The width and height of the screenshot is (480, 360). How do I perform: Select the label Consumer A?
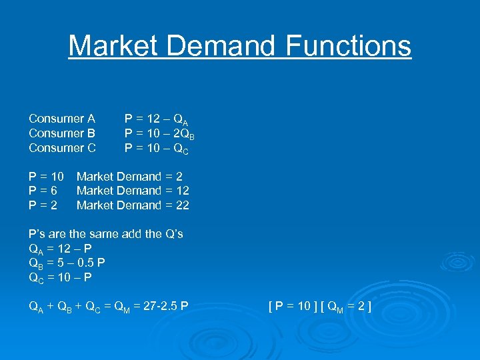click(x=62, y=119)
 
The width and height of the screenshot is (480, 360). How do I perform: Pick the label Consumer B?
click(x=62, y=133)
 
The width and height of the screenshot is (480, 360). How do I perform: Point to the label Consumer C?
click(x=62, y=148)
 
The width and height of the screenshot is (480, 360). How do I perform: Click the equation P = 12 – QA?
click(x=156, y=119)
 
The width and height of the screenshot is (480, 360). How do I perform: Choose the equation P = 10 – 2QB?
click(x=159, y=134)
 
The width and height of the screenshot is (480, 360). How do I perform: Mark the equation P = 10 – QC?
click(x=157, y=149)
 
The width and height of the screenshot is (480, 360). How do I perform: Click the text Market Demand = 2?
click(x=129, y=177)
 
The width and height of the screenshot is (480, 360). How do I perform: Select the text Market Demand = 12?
click(x=133, y=191)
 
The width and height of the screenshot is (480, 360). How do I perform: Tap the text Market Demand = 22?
click(x=133, y=205)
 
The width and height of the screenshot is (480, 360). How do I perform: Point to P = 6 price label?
click(x=43, y=191)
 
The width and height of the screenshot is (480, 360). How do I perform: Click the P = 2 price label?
click(x=43, y=205)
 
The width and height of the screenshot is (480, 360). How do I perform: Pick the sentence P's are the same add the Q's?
click(x=105, y=234)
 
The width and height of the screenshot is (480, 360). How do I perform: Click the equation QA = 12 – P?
click(x=60, y=249)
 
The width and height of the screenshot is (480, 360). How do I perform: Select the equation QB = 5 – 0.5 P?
click(x=67, y=263)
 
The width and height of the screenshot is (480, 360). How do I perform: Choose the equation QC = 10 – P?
click(x=60, y=277)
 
